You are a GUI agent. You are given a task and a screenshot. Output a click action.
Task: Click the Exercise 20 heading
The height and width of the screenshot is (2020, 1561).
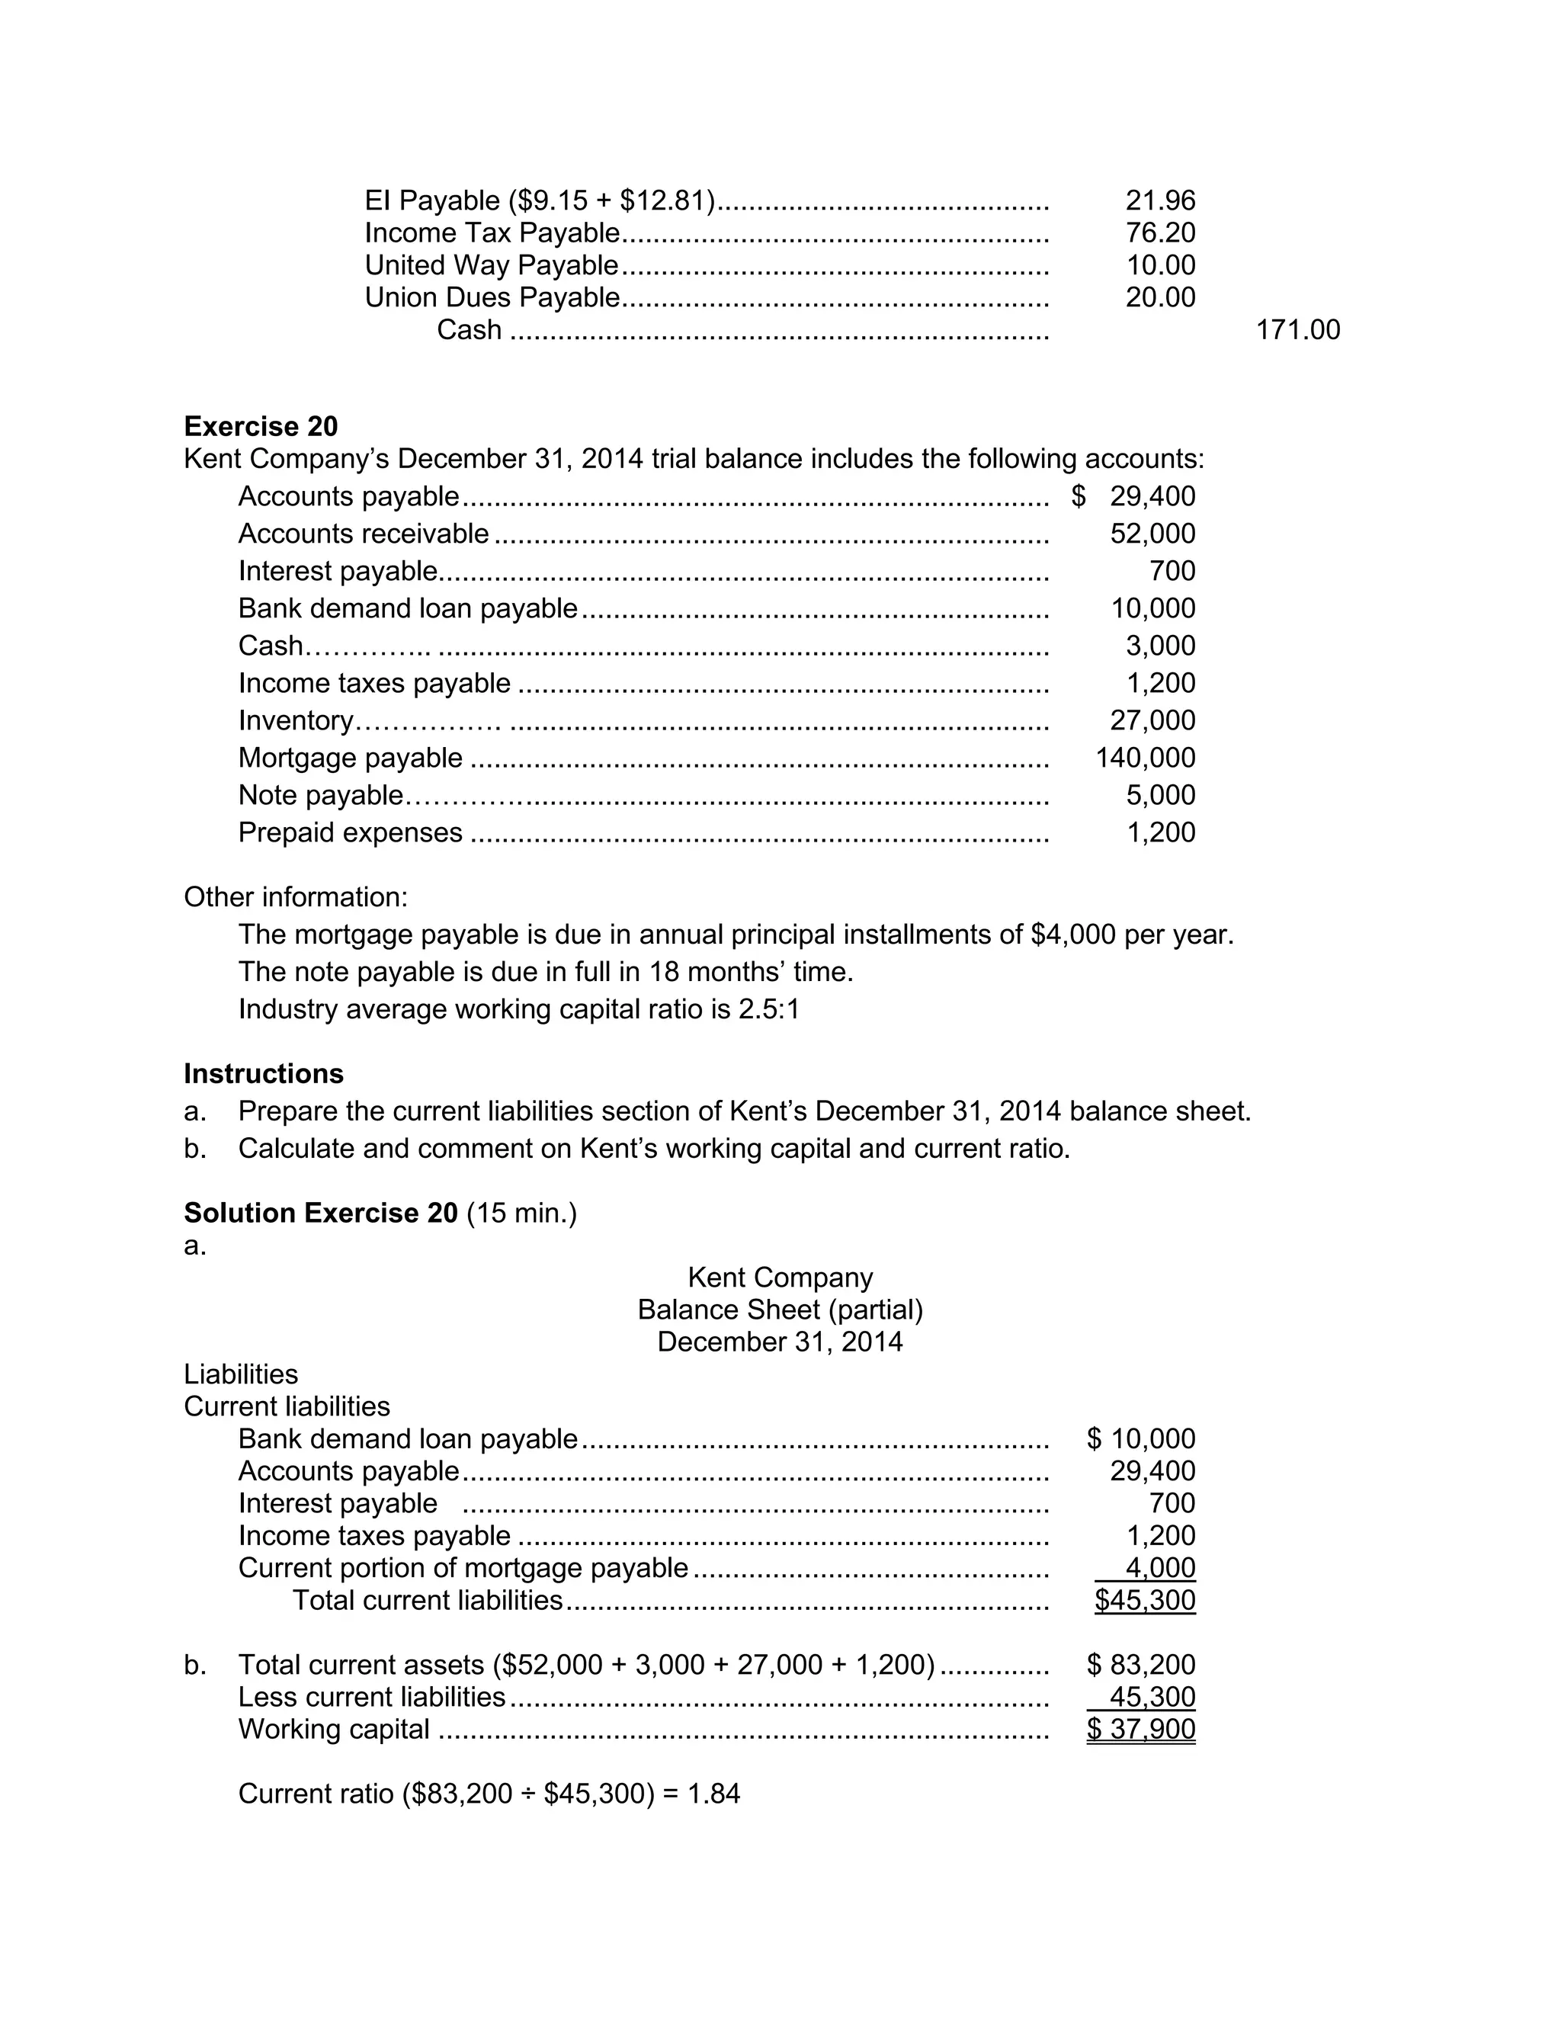[x=261, y=426]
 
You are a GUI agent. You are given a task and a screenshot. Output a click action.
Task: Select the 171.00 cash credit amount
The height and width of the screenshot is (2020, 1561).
[x=1297, y=330]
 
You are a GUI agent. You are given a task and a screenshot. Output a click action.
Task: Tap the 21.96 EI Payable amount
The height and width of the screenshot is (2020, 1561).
[x=1159, y=200]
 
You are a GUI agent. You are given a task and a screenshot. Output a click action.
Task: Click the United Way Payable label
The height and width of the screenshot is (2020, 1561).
[x=491, y=265]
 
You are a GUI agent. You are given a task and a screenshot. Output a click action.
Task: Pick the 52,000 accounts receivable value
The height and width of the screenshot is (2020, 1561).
[x=1152, y=534]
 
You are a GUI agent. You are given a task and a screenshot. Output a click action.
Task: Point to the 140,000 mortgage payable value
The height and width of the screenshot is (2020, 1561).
[x=1145, y=758]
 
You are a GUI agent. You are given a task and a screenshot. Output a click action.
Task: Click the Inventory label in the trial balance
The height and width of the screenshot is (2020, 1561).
[x=296, y=720]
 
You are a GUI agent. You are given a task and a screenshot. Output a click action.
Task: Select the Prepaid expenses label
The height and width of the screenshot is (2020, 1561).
[x=351, y=832]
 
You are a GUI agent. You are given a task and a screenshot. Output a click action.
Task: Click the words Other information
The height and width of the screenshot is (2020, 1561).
[x=295, y=897]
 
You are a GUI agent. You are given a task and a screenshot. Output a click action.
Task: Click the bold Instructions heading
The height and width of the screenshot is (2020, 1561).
[x=264, y=1074]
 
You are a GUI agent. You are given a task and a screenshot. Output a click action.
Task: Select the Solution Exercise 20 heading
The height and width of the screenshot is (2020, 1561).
[x=321, y=1213]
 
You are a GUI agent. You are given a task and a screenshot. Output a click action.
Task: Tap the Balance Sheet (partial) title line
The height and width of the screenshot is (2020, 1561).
[x=780, y=1310]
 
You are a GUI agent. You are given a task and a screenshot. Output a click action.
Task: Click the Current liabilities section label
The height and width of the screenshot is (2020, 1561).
[x=287, y=1407]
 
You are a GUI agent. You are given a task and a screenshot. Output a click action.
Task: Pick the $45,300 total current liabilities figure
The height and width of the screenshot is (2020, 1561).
[x=1145, y=1600]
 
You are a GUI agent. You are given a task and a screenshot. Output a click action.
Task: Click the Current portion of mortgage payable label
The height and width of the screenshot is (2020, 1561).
[x=463, y=1568]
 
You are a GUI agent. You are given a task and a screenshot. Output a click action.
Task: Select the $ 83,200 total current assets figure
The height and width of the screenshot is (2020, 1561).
[x=1141, y=1665]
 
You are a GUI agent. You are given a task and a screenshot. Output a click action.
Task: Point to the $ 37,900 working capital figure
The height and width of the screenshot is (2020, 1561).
[x=1141, y=1730]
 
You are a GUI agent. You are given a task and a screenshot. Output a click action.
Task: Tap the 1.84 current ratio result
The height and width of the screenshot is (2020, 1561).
[x=714, y=1794]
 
